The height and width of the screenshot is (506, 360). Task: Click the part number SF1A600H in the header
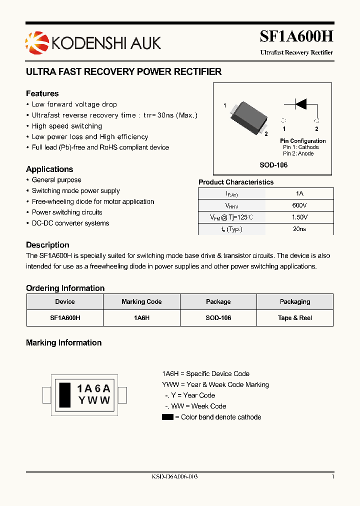[296, 36]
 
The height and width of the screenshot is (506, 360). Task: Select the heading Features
[42, 93]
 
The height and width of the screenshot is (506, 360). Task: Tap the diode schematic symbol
[300, 104]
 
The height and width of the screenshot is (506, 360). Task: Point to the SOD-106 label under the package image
[273, 165]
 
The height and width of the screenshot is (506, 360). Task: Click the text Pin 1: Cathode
[300, 147]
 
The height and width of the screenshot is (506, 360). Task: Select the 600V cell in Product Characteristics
[299, 205]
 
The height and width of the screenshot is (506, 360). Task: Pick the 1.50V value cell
[299, 217]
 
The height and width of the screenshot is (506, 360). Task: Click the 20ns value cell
[299, 229]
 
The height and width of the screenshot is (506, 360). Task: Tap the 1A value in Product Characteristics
[299, 193]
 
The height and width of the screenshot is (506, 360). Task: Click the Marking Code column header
[141, 302]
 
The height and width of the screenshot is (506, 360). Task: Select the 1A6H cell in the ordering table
[141, 318]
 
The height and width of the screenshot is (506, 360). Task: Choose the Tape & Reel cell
[295, 318]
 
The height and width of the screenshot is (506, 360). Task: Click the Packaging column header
[295, 302]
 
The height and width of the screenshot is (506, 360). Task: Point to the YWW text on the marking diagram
[94, 400]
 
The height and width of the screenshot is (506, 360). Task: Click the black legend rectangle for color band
[167, 417]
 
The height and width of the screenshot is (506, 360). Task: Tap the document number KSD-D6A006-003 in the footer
[174, 477]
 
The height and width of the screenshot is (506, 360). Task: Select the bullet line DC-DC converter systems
[70, 223]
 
